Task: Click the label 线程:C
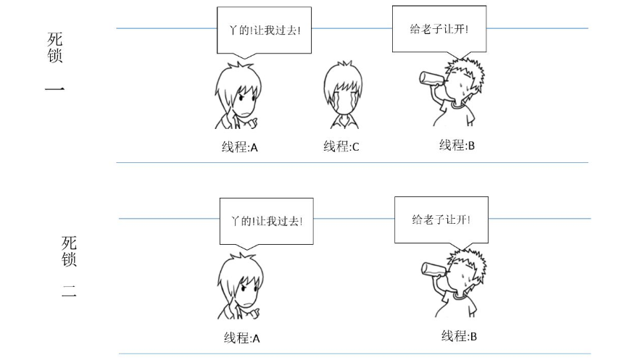(341, 147)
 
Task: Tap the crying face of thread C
(341, 101)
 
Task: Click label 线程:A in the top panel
(240, 147)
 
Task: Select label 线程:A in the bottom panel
(242, 338)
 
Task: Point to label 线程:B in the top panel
(457, 146)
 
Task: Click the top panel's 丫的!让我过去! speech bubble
(265, 30)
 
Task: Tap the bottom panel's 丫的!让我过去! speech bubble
(266, 220)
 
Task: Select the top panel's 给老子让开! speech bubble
(439, 29)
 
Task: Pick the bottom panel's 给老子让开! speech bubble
(441, 218)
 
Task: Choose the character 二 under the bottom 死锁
(68, 295)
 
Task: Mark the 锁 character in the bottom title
(69, 259)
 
